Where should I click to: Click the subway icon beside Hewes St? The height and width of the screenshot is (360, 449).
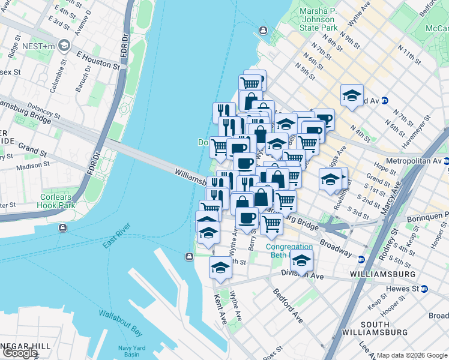(424, 289)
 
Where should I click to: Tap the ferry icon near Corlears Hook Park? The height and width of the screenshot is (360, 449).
(63, 227)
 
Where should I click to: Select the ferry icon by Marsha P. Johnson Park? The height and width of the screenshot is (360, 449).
(263, 31)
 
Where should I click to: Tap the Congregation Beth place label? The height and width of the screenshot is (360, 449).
(289, 251)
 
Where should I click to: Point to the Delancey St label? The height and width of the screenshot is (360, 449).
(40, 112)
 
